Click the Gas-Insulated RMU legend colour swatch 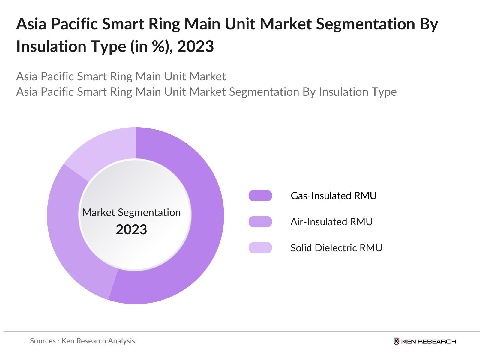pos(260,196)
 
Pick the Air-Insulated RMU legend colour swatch pos(260,222)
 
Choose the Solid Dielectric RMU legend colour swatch pos(260,248)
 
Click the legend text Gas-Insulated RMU pos(334,196)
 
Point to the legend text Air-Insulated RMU pos(331,222)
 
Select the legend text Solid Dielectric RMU pos(336,248)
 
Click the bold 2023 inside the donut pos(131,230)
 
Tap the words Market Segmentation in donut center pos(131,212)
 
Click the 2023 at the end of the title pos(195,46)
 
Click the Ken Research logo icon pos(396,341)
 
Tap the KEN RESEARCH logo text pos(429,341)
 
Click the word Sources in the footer pos(43,341)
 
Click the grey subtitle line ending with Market pos(121,76)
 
